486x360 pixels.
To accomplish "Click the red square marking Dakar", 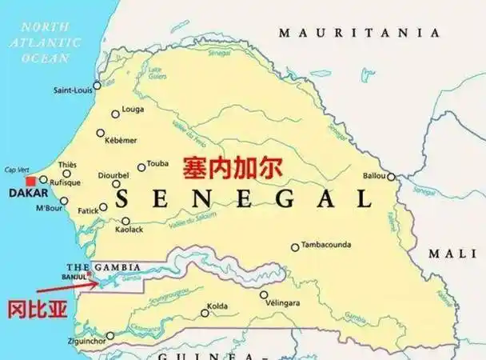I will pos(31,182).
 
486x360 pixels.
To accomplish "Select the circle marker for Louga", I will pos(116,114).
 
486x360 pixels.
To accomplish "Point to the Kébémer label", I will pos(121,141).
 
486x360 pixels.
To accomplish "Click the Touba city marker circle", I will pos(141,167).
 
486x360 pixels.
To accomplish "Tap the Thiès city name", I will pos(68,164).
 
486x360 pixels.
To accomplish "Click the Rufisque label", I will pos(65,182).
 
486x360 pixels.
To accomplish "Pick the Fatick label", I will pos(88,210).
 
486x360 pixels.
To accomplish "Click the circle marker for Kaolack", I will pos(125,221).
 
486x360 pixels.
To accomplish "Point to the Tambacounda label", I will pos(329,246).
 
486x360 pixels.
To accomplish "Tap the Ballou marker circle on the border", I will pos(391,177).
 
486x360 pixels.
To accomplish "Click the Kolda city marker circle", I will pos(205,313).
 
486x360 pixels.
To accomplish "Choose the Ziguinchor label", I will pos(87,342).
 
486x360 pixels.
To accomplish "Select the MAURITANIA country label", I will pos(359,33).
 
